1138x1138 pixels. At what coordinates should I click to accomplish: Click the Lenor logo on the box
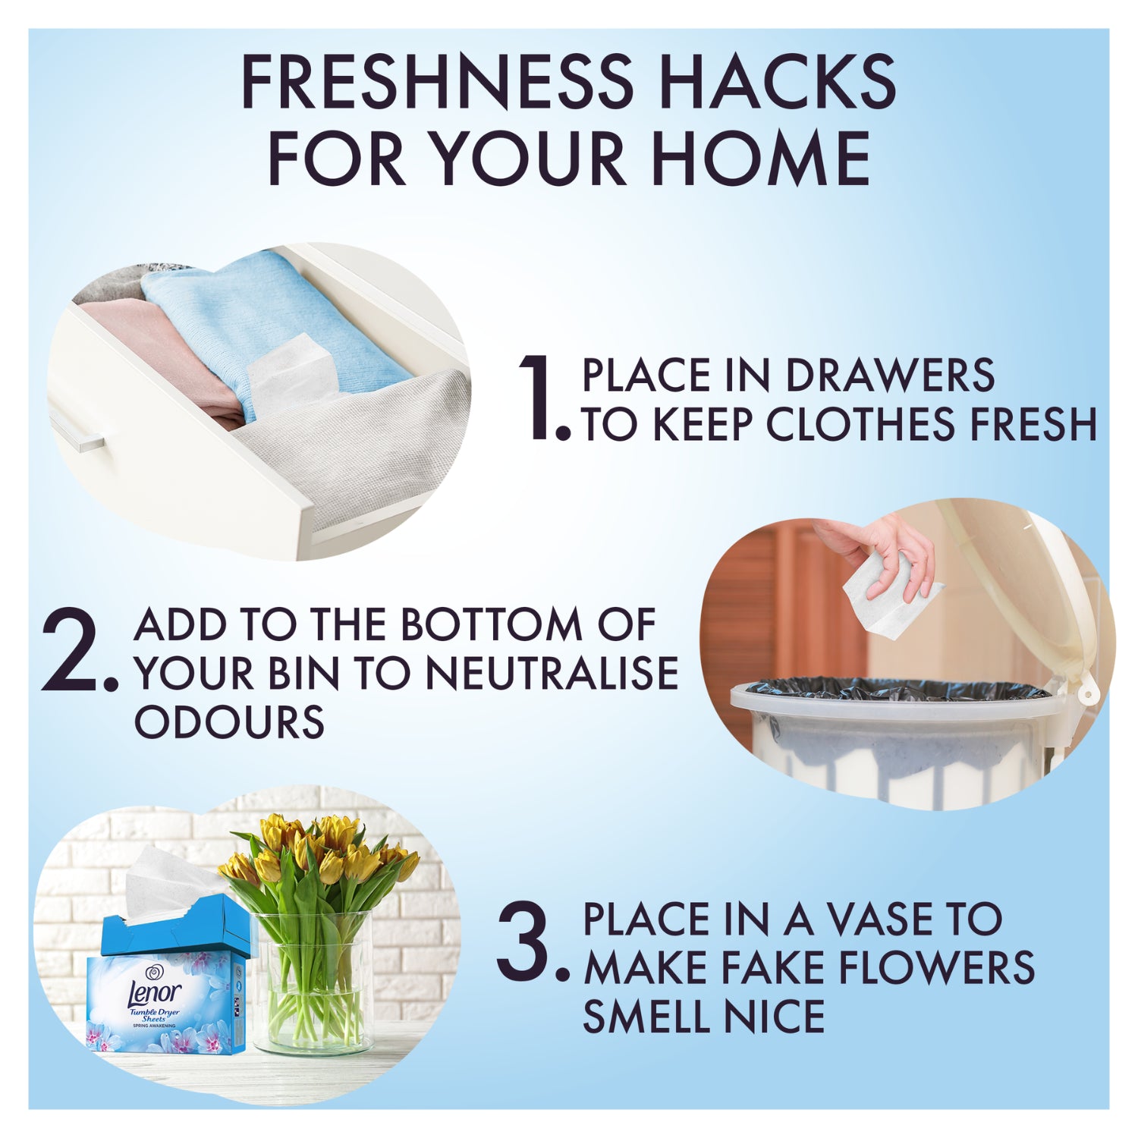point(156,991)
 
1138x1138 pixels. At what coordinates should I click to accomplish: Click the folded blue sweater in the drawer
point(273,319)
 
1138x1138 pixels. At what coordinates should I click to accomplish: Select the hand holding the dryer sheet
point(880,550)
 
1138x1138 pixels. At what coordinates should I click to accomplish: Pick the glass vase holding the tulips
point(313,982)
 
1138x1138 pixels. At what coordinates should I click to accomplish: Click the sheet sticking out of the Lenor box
point(174,884)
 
